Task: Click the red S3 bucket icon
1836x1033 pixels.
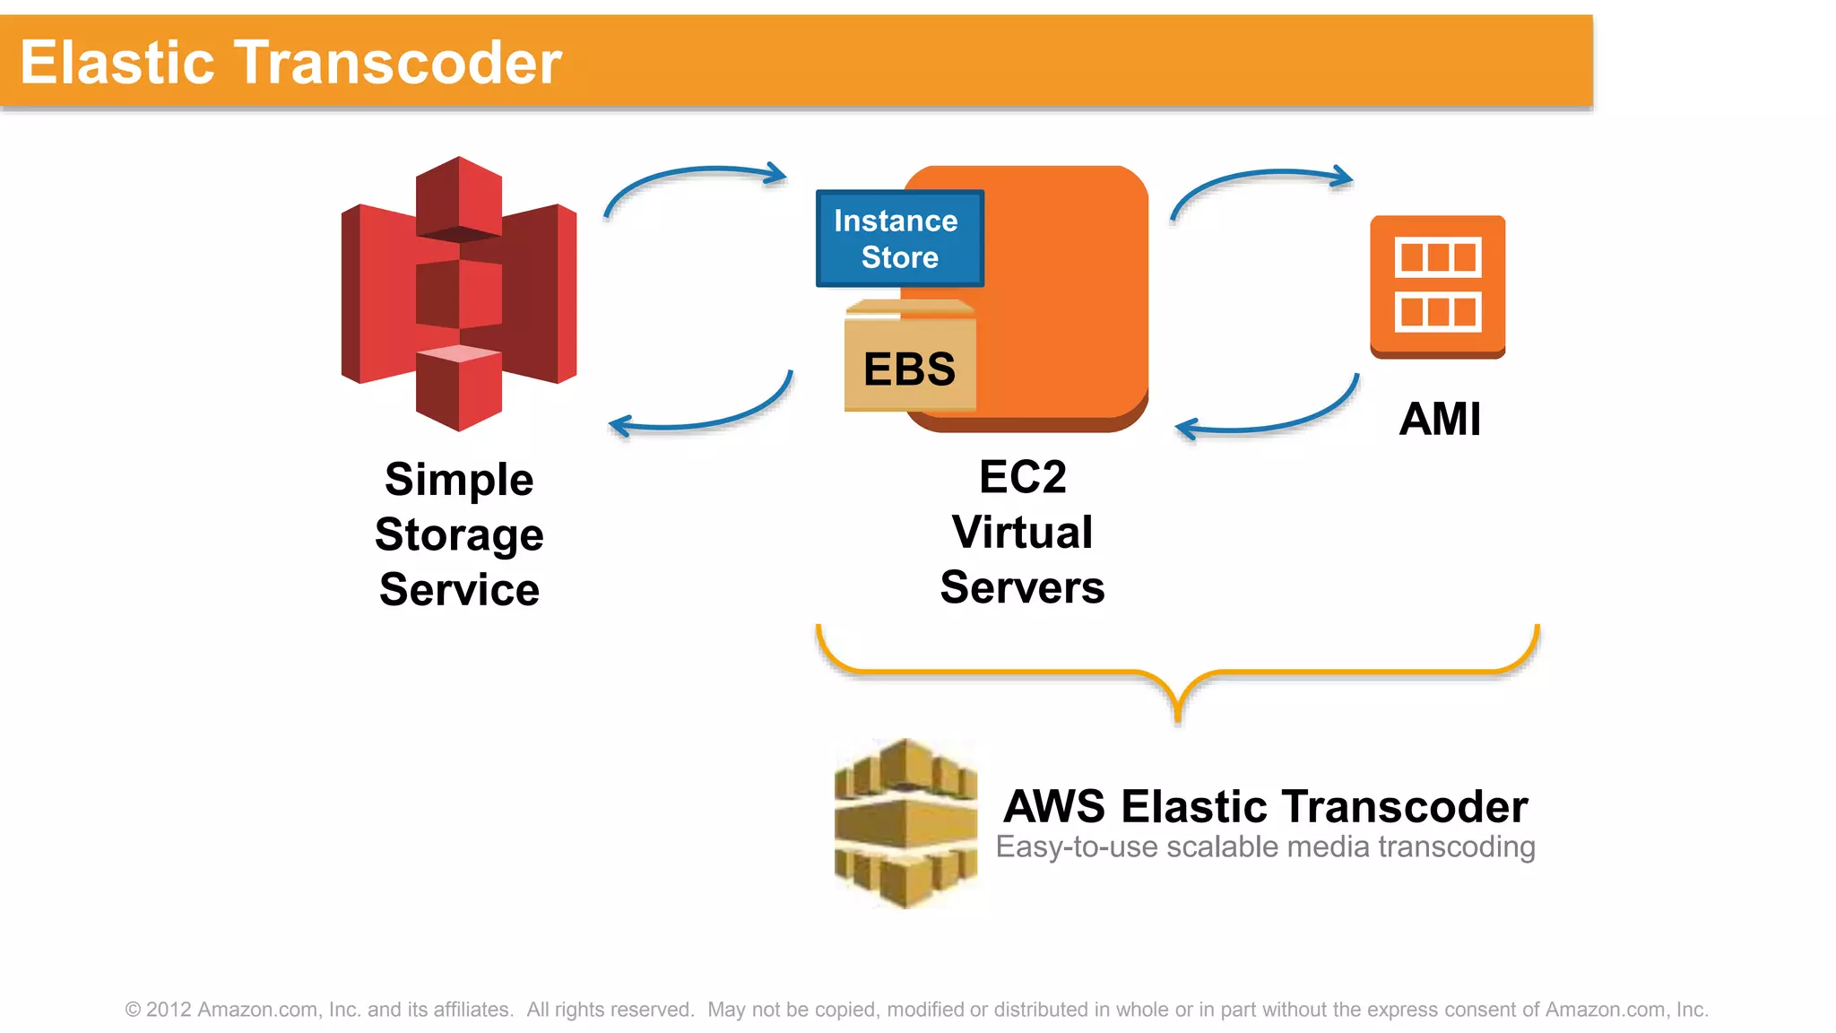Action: pos(459,294)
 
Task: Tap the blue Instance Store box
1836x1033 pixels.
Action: pos(899,239)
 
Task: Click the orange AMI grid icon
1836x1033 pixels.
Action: pos(1437,285)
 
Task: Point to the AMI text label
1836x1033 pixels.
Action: pos(1440,419)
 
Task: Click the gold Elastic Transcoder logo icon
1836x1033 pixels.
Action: pos(905,823)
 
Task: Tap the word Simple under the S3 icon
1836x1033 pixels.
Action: pos(459,480)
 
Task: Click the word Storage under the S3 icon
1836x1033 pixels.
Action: pos(459,535)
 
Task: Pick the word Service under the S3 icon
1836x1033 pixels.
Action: pos(459,590)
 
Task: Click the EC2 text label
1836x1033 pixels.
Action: pos(1022,477)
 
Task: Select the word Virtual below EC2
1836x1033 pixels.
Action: pos(1022,533)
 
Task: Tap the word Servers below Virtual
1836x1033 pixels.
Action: pos(1022,588)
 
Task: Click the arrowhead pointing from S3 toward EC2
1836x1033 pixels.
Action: pos(776,173)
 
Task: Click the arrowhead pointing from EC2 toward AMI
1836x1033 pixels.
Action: pos(1342,176)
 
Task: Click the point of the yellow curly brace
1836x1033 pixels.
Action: pos(1178,717)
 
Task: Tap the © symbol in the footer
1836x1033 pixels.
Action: pos(133,1011)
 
